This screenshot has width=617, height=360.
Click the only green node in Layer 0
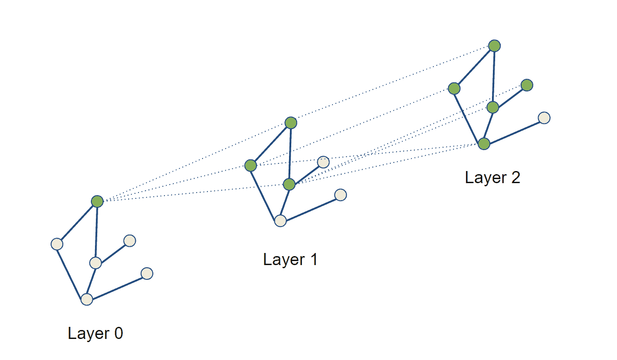click(x=97, y=201)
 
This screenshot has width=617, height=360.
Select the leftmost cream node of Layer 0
click(x=57, y=244)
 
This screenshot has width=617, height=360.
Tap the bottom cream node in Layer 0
click(x=86, y=299)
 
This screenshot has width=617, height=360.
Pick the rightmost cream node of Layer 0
click(x=147, y=273)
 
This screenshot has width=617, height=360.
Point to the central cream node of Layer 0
click(x=95, y=263)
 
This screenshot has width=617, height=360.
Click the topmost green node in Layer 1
click(x=291, y=123)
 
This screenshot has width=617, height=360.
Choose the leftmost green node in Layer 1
click(x=251, y=166)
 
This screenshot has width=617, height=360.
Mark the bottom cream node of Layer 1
click(x=280, y=220)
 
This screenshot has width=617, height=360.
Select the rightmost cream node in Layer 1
click(x=341, y=195)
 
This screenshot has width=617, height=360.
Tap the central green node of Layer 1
click(x=289, y=184)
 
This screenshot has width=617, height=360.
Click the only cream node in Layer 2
click(x=544, y=118)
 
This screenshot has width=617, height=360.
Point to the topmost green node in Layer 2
click(x=494, y=46)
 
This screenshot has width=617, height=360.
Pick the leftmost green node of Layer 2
click(x=454, y=88)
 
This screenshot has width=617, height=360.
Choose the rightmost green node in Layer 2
click(x=527, y=85)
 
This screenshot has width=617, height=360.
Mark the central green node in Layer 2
click(x=493, y=107)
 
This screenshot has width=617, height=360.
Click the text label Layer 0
click(x=95, y=334)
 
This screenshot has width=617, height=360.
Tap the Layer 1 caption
click(x=290, y=260)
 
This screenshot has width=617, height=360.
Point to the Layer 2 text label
click(x=492, y=178)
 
